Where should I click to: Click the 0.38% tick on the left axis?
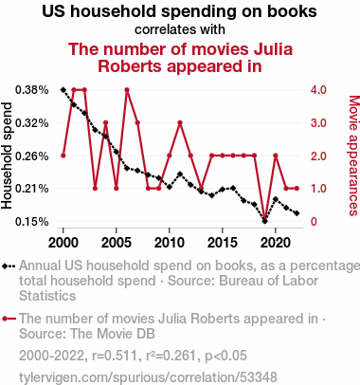pos(32,90)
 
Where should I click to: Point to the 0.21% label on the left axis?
pos(32,189)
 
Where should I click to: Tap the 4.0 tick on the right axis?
pos(318,90)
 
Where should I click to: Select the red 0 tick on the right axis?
pos(314,222)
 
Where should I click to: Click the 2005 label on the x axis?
pos(117,243)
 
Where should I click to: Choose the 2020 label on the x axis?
pos(276,243)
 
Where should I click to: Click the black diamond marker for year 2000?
pos(63,90)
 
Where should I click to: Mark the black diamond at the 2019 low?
pos(265,221)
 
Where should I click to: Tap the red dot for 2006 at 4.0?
pos(127,90)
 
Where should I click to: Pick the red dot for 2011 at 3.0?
pos(180,122)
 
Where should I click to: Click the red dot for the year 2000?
pos(63,156)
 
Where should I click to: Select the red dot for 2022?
pos(297,189)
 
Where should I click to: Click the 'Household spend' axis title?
pos(7,156)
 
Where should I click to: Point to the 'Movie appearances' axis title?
pos(354,156)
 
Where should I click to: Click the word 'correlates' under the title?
pos(160,29)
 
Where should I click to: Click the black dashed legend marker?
pos(9,266)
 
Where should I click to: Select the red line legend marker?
pos(9,319)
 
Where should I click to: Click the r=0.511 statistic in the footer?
pos(115,356)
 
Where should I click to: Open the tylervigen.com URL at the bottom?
pos(148,377)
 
